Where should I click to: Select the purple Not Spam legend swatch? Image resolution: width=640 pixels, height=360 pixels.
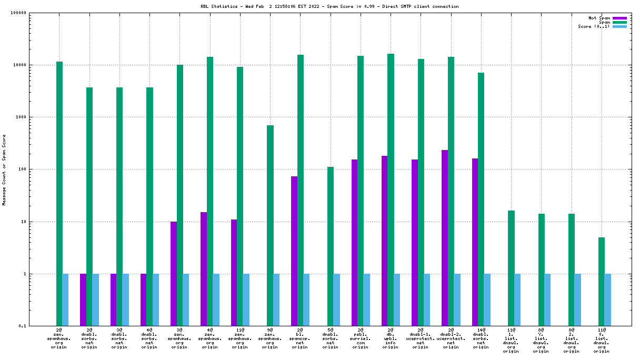[619, 18]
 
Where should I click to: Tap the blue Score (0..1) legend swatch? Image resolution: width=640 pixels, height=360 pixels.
[619, 26]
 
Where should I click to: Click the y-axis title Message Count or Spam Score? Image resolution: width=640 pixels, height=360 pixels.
[4, 169]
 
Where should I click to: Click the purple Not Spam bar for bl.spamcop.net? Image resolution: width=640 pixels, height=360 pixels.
[294, 251]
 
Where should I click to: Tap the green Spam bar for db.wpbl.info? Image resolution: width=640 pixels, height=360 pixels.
[391, 189]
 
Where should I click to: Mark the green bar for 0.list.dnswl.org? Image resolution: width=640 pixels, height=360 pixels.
[602, 282]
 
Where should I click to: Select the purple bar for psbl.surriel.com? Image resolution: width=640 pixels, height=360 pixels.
[354, 243]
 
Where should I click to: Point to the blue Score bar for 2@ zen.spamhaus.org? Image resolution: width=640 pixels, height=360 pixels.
[65, 299]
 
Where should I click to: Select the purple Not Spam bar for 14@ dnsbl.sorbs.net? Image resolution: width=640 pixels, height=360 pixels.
[475, 242]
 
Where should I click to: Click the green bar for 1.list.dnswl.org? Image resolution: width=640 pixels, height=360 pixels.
[511, 268]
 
